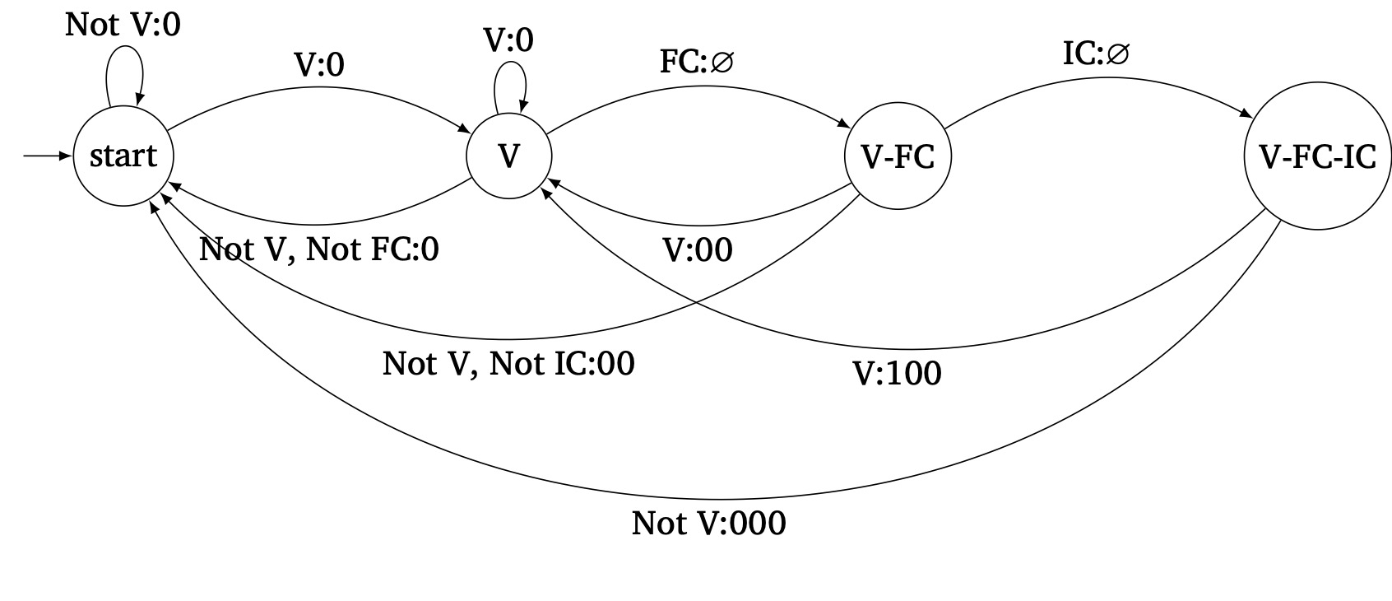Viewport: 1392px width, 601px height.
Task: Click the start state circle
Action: [123, 156]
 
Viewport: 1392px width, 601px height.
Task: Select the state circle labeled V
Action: [508, 156]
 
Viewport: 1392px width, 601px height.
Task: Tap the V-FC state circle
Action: [898, 156]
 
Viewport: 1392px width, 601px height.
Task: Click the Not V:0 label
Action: [123, 25]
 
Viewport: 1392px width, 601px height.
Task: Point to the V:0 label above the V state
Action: [508, 40]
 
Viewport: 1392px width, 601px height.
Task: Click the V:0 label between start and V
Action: [319, 65]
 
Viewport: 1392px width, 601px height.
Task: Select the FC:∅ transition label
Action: [696, 63]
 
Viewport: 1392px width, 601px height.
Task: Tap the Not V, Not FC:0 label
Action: [319, 249]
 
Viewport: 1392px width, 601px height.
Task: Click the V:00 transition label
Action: [698, 250]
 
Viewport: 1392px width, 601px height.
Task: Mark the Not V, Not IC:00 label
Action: [508, 363]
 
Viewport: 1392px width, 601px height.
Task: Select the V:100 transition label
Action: [897, 374]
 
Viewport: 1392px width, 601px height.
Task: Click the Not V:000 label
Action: [708, 524]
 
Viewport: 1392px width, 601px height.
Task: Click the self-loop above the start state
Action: [124, 70]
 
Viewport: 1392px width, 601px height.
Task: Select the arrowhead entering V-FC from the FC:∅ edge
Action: [845, 125]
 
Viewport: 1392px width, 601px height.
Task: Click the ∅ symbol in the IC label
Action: [1118, 55]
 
